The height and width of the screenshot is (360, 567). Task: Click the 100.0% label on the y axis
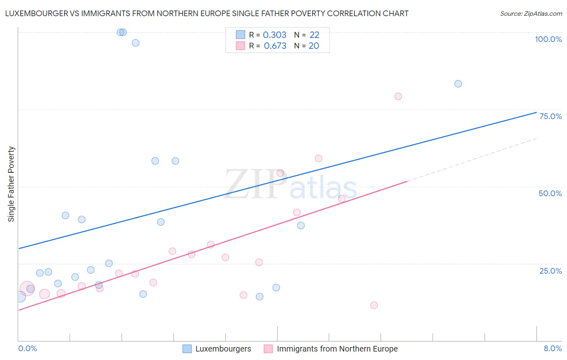[548, 39]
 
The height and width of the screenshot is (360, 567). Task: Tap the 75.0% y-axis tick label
[550, 116]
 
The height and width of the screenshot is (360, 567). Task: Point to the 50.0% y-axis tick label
[550, 193]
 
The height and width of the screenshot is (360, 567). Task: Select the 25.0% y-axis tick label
[550, 271]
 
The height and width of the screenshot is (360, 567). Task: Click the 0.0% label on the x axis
[27, 349]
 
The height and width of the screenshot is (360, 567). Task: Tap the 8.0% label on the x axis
[552, 349]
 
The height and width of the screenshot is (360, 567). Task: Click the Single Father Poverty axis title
[11, 184]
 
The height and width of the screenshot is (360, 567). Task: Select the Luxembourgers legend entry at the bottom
[223, 349]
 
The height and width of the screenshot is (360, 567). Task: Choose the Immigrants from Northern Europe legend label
[337, 349]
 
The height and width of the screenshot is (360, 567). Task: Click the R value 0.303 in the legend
[274, 35]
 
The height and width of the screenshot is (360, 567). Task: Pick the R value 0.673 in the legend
[275, 46]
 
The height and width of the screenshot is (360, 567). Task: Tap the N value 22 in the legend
[314, 35]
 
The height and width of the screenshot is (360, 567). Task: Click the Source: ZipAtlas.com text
[531, 14]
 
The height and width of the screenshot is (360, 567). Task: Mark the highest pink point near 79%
[398, 96]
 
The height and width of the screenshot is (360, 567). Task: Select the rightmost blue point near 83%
[458, 84]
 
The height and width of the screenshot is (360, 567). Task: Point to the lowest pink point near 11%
[374, 305]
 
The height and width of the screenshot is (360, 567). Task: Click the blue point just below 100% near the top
[135, 43]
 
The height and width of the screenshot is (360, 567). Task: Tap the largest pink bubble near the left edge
[27, 289]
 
